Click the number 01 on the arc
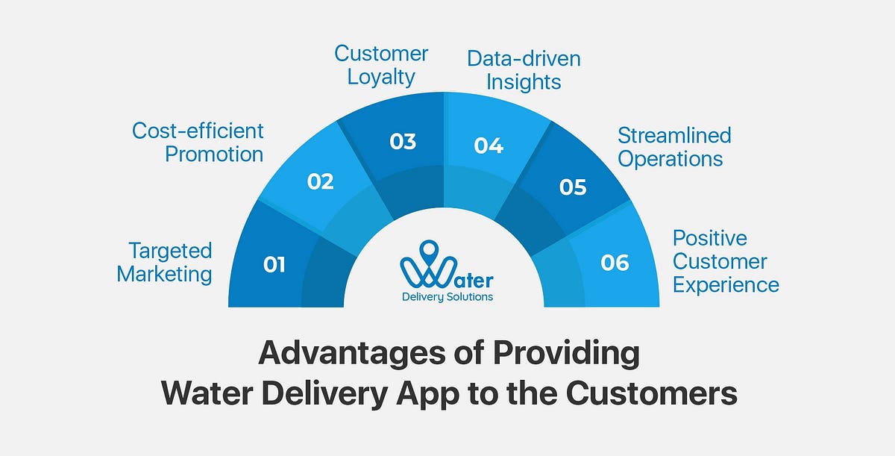pyautogui.click(x=274, y=264)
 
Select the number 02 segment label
pyautogui.click(x=320, y=181)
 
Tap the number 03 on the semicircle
pyautogui.click(x=403, y=142)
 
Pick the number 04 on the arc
pyautogui.click(x=489, y=145)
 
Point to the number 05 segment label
pyautogui.click(x=573, y=187)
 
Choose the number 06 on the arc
pyautogui.click(x=615, y=263)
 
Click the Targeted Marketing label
pyautogui.click(x=165, y=262)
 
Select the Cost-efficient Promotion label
pyautogui.click(x=198, y=143)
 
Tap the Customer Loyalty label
pyautogui.click(x=381, y=66)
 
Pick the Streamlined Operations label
pyautogui.click(x=674, y=147)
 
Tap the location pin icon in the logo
pyautogui.click(x=428, y=251)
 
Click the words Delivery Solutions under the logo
pyautogui.click(x=447, y=297)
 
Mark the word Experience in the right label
pyautogui.click(x=726, y=284)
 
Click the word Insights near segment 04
pyautogui.click(x=523, y=81)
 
